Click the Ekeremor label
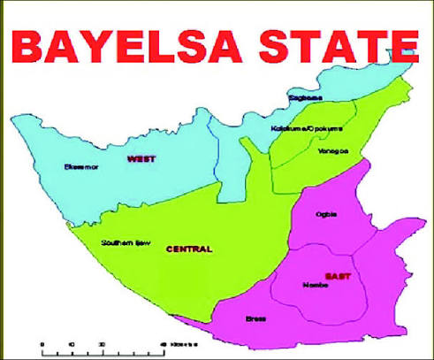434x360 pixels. [80, 166]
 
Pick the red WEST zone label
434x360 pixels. [141, 158]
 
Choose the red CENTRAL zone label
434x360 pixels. [188, 249]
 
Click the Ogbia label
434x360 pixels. [327, 215]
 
